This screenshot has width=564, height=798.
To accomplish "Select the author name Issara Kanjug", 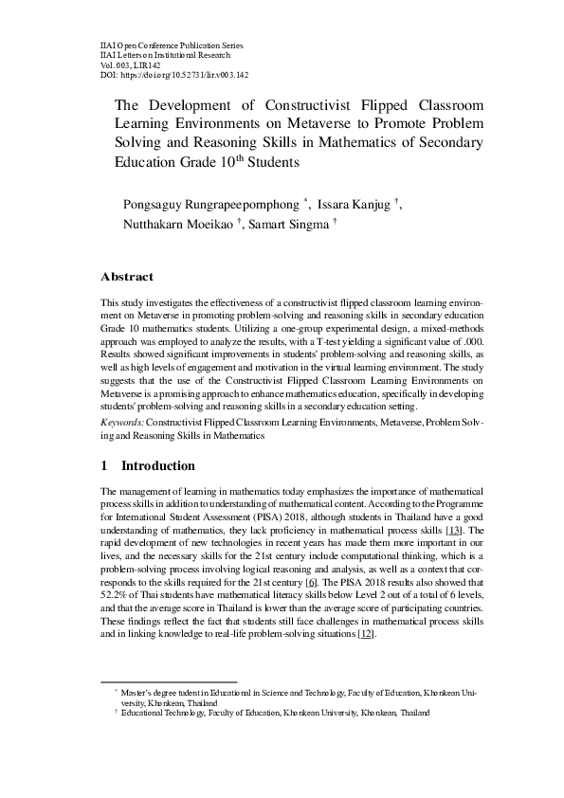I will (x=357, y=204).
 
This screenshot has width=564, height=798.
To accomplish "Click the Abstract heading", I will (x=127, y=278).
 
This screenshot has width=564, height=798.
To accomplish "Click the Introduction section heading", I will (x=157, y=466).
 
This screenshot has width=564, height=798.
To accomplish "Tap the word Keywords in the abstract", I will (x=122, y=419).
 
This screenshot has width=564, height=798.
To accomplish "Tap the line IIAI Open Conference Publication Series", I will (x=171, y=45).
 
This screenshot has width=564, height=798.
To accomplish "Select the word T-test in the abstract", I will (x=337, y=336).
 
